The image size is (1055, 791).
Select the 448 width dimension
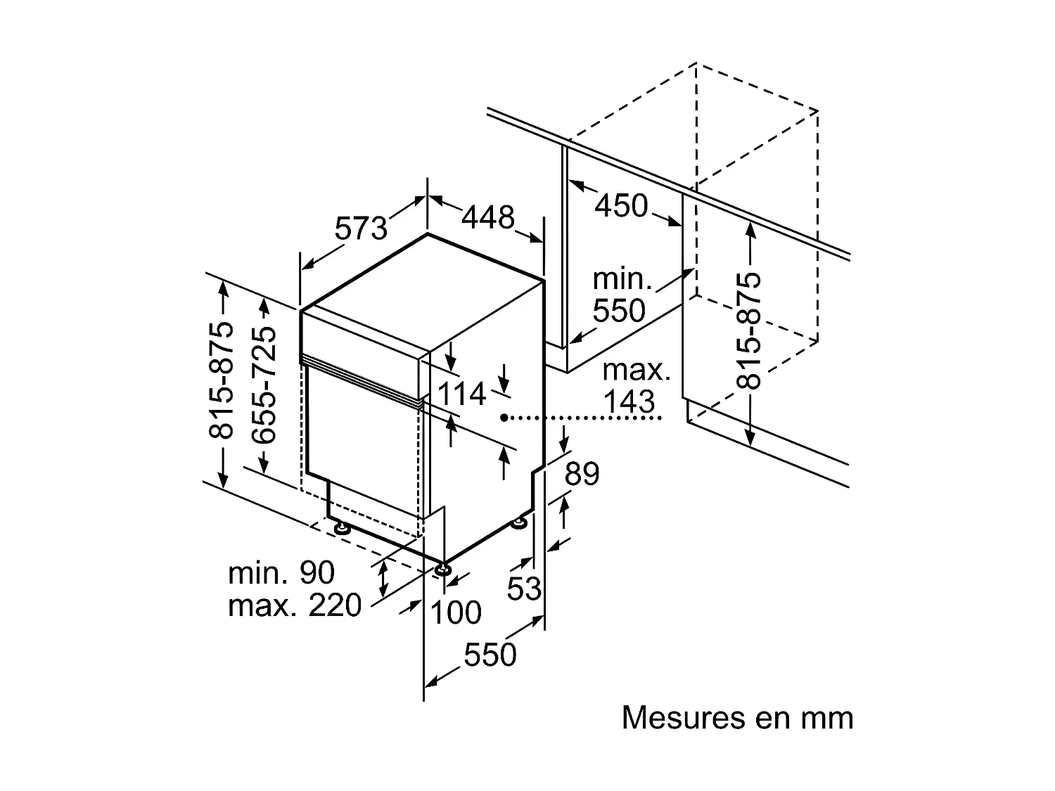point(488,217)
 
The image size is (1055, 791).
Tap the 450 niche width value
point(621,205)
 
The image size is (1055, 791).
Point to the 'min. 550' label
point(619,295)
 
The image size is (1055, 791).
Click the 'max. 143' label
point(637,386)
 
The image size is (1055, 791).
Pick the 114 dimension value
point(461,394)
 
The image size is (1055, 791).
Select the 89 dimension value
point(582,474)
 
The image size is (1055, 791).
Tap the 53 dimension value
point(525,589)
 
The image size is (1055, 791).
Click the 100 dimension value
point(456,612)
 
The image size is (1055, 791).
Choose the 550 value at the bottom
point(490,655)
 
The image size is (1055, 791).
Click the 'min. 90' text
point(281,573)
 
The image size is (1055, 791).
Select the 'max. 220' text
point(294,605)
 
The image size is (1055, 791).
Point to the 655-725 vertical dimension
point(264,384)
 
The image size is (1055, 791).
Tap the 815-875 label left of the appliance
point(222,380)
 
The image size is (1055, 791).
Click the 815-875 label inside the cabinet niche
point(750,330)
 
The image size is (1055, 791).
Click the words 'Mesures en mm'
point(737,718)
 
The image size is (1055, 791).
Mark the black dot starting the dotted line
point(504,418)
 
